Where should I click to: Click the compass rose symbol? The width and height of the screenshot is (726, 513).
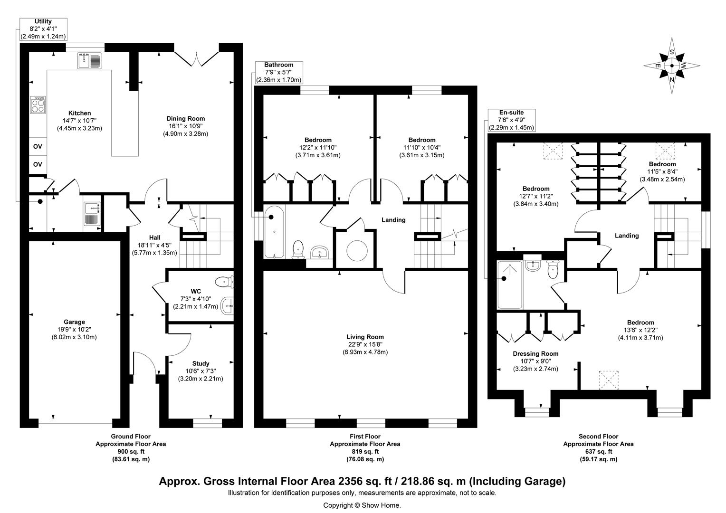[x=672, y=66]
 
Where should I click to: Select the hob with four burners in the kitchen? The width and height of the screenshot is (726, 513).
[x=38, y=104]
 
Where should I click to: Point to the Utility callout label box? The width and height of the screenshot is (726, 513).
[x=43, y=29]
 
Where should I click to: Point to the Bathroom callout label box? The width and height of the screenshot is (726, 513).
[x=279, y=73]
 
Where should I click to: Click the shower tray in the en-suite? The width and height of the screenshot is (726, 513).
[x=509, y=285]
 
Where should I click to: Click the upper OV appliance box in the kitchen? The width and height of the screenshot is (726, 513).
[x=38, y=146]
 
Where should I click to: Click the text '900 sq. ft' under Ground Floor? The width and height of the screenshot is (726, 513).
[x=131, y=452]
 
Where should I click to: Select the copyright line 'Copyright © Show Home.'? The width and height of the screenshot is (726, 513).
[x=362, y=505]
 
